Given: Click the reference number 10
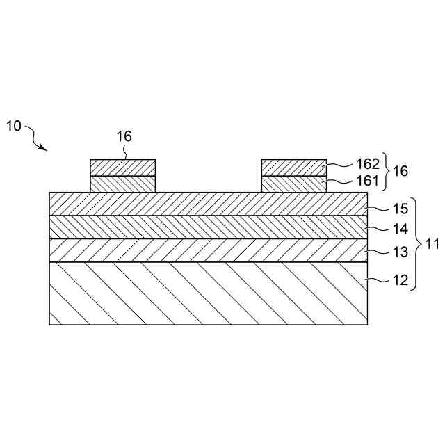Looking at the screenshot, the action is [14, 126].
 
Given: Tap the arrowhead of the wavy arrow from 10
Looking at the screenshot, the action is [44, 148].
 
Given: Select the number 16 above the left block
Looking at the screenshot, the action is [124, 136].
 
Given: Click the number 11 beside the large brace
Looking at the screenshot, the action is [432, 243].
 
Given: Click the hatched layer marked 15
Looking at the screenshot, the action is [209, 204].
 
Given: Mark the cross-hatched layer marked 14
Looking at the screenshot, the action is [209, 227].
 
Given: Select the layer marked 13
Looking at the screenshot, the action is [209, 250].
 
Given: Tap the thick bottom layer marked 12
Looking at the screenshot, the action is [209, 293].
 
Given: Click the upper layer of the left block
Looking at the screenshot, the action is [123, 168].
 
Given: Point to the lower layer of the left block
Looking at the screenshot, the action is [123, 184].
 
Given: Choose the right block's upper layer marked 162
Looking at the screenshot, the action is [293, 168].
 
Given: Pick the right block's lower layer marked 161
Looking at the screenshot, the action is [293, 184].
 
